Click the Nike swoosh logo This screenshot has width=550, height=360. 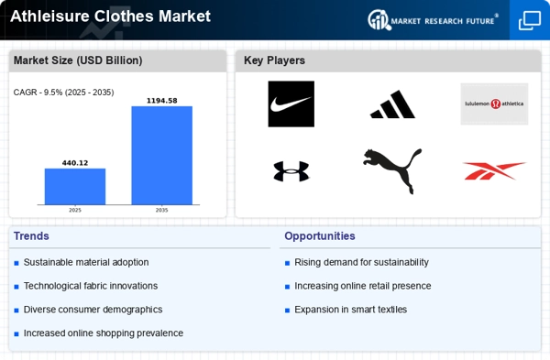point(291,104)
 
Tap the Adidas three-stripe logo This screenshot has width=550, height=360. point(392,104)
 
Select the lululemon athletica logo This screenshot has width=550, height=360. point(494,104)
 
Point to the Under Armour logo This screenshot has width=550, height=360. point(291,171)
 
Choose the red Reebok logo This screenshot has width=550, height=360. point(495,171)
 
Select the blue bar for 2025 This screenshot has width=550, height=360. point(75,187)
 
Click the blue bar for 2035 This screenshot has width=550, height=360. point(161,156)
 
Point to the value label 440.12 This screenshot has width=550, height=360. point(75,163)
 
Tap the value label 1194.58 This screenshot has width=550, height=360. point(161,101)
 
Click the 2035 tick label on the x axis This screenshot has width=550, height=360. point(161,211)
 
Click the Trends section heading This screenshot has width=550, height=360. point(31,236)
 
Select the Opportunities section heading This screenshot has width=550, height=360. point(320,236)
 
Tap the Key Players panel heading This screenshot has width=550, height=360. point(274,60)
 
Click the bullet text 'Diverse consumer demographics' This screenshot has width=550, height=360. point(93,310)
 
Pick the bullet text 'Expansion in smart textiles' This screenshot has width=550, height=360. point(350,310)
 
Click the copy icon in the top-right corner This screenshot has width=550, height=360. point(530,20)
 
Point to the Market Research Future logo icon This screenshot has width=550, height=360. point(379,19)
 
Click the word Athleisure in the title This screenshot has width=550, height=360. point(49,16)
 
